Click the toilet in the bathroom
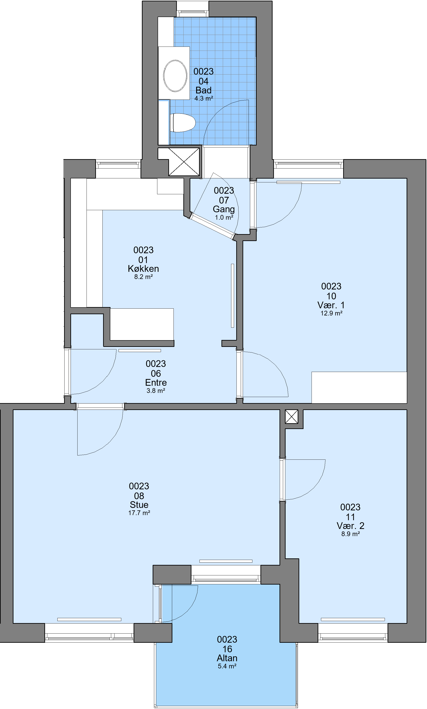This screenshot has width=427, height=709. click(182, 123)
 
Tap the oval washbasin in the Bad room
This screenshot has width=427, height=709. click(175, 76)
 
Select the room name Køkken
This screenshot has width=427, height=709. click(143, 269)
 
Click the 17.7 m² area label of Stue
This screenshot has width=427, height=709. click(139, 513)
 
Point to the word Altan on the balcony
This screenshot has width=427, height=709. click(227, 658)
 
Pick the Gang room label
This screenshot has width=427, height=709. click(224, 209)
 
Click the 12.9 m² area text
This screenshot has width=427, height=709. click(332, 313)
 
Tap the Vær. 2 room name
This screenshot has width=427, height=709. click(351, 526)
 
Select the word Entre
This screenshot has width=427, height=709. click(156, 382)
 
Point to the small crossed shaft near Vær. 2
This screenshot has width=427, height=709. click(291, 416)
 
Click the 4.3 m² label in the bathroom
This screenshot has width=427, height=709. click(204, 98)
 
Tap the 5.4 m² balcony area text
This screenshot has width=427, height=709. click(227, 666)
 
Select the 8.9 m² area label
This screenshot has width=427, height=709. click(351, 534)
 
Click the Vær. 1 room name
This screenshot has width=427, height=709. click(331, 305)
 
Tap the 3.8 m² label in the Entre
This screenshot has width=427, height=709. click(156, 390)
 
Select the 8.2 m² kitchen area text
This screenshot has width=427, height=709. click(143, 277)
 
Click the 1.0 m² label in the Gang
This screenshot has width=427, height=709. click(224, 218)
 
